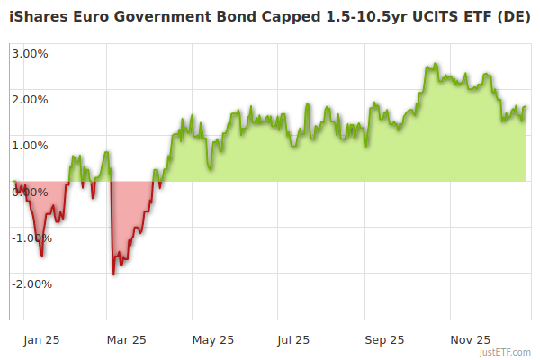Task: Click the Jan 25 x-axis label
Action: click(41, 340)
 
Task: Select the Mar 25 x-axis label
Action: click(127, 340)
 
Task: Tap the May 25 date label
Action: click(213, 340)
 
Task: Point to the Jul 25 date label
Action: click(293, 340)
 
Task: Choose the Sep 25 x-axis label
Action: click(383, 340)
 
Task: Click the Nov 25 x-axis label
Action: click(470, 340)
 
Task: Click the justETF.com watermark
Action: click(504, 352)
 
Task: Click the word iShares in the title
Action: click(39, 19)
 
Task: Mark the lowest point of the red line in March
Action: click(113, 274)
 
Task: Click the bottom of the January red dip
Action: click(41, 256)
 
